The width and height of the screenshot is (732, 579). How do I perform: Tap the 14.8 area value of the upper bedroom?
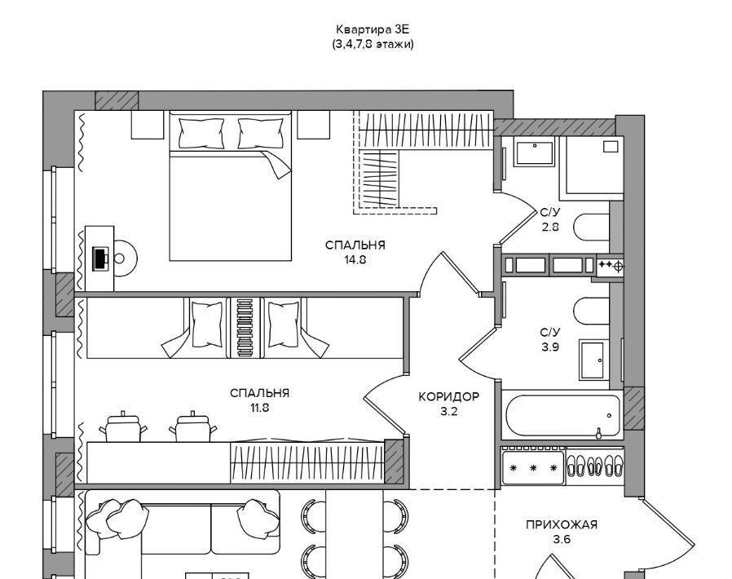[355, 260]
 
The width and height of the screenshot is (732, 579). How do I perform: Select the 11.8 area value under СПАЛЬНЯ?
[259, 408]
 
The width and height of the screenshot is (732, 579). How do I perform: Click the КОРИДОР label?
[448, 397]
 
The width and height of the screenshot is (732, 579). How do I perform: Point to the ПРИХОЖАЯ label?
[562, 525]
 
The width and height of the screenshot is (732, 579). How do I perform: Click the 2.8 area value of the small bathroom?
[550, 227]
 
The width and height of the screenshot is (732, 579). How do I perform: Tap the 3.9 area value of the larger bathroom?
[550, 347]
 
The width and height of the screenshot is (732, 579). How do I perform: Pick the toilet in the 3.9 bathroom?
[592, 311]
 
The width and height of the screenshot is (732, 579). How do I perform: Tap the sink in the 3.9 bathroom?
[593, 360]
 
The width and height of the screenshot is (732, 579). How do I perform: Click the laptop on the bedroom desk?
[100, 259]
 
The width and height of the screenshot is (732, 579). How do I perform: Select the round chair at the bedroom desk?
[125, 259]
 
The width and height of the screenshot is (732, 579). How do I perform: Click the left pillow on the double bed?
[201, 134]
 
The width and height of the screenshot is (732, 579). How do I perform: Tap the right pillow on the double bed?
[261, 134]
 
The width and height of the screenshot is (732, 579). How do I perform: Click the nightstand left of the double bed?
[148, 125]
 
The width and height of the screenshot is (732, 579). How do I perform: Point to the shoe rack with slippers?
[594, 466]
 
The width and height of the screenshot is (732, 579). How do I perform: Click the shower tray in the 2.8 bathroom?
[593, 168]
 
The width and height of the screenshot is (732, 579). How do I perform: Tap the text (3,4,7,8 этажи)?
[373, 45]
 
